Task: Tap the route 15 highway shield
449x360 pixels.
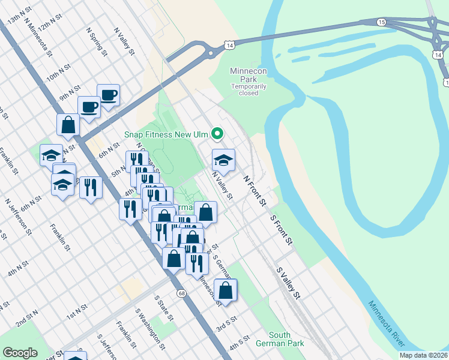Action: (382, 22)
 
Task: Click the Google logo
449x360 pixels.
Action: (20, 353)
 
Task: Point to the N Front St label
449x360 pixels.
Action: (255, 191)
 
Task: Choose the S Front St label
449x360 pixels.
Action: (281, 230)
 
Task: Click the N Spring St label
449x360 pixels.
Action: (97, 41)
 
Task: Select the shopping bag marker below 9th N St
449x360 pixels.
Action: (68, 125)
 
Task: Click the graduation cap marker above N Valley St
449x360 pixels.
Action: (223, 160)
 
